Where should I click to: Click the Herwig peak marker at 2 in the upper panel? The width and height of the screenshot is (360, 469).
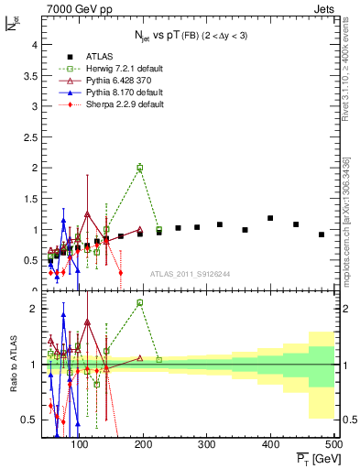coord(139,168)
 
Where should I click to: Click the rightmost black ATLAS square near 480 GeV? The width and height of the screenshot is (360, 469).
coord(322,234)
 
